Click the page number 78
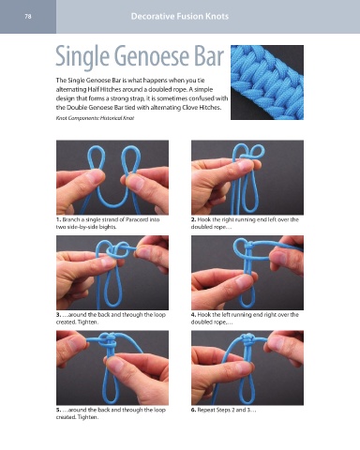(28, 17)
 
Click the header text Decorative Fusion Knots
(180, 16)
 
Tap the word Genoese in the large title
(152, 56)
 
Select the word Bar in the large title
(209, 56)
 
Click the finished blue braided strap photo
(267, 82)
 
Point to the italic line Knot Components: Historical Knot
(95, 118)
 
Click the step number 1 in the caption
(58, 219)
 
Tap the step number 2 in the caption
(193, 219)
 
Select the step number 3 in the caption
(58, 315)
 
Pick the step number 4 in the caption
(193, 315)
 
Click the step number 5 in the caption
(58, 410)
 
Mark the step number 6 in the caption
(193, 410)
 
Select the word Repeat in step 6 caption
(206, 410)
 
